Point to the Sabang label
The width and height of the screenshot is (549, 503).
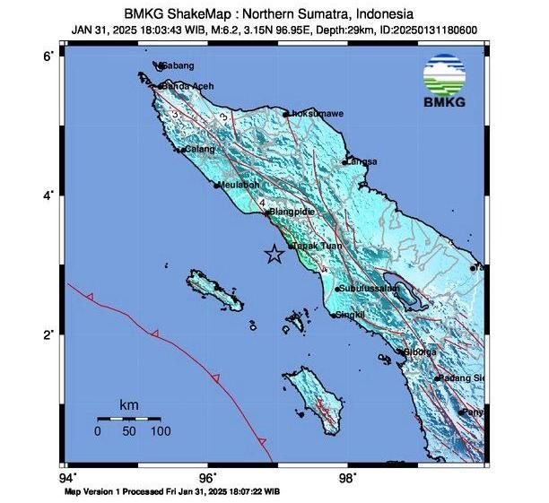[x=177, y=66]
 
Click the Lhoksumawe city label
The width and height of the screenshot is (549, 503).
[x=315, y=114]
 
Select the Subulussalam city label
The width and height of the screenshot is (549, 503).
[x=368, y=289]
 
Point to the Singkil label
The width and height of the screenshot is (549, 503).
[x=350, y=315]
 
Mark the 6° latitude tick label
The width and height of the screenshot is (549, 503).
[x=50, y=56]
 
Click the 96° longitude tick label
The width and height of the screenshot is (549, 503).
[x=208, y=477]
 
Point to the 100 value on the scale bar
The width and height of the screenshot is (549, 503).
[x=160, y=431]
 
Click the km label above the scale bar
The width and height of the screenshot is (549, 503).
[x=128, y=406]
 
